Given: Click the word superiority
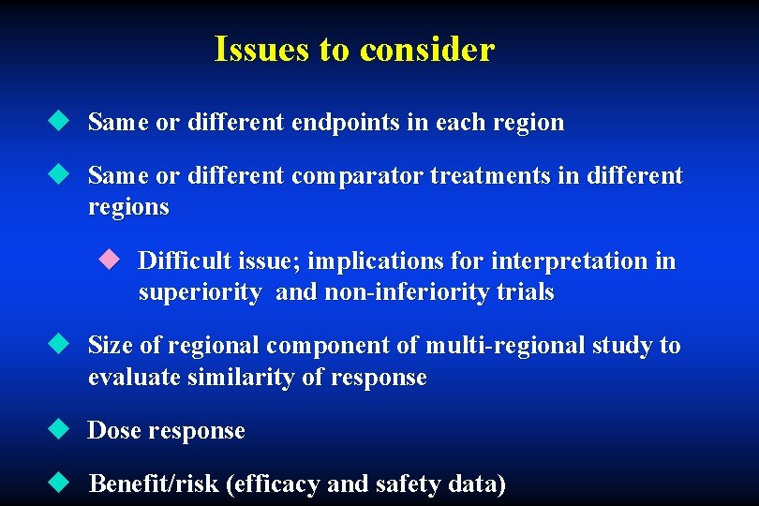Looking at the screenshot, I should point(200,292).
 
